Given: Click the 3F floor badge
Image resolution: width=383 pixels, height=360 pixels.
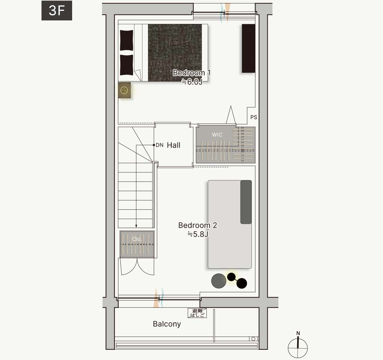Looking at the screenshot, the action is [57, 11].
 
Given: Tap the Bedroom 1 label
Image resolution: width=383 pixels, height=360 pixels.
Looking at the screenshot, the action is [191, 73].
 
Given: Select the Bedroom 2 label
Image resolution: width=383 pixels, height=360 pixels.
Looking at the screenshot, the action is [198, 225].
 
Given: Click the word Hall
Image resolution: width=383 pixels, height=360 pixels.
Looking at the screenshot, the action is [174, 145].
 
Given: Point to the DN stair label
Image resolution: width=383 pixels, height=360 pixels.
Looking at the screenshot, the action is [160, 145].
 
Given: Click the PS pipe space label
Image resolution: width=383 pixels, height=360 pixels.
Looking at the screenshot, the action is [254, 117].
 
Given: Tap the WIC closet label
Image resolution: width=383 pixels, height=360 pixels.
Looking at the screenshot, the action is [217, 135].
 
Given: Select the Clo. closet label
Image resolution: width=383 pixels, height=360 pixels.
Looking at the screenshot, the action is [137, 239].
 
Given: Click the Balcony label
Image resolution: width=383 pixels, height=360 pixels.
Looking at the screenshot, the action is [167, 324].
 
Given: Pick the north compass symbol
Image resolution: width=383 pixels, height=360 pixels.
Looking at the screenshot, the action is [298, 346].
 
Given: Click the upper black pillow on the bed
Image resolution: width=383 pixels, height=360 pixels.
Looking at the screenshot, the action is [126, 40].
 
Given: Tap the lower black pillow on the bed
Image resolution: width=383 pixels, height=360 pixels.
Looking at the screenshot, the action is [126, 65].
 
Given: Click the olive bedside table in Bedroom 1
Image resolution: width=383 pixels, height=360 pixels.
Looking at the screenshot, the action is [124, 90].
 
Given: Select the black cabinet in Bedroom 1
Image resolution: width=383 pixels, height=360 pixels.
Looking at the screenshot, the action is [249, 49].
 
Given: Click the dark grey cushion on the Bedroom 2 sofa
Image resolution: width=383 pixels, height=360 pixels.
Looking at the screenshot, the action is [246, 202].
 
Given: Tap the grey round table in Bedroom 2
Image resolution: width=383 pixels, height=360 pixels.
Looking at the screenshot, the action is [219, 281].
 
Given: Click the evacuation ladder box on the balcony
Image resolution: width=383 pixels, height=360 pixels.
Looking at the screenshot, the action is [197, 313].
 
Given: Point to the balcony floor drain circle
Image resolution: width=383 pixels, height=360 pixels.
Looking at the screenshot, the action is [253, 339].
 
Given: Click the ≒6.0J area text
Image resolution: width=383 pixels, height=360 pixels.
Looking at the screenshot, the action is [192, 82].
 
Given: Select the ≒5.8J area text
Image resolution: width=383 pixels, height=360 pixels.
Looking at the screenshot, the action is [198, 234].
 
